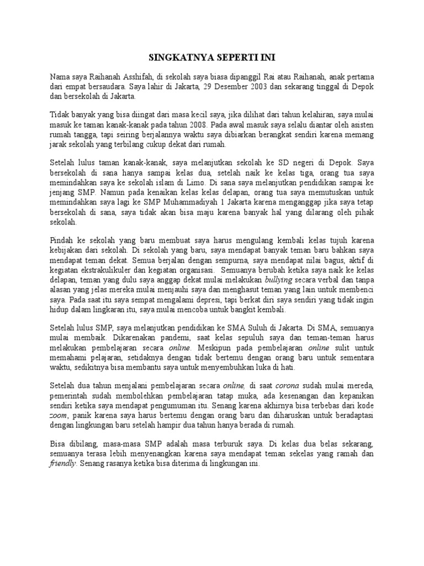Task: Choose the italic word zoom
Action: tap(59, 413)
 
